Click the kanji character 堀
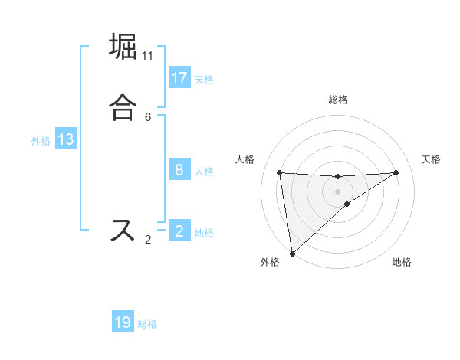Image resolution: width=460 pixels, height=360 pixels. pos(123,47)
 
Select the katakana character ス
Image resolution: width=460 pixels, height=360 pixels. pos(123,231)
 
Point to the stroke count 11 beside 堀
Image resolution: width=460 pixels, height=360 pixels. pos(148,56)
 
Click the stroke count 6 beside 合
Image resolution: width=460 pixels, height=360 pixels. pos(148,116)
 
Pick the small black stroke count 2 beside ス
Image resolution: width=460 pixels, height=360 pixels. pos(148,241)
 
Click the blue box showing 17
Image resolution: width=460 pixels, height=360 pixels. pos(179,78)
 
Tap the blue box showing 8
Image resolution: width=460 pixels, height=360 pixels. pos(179,170)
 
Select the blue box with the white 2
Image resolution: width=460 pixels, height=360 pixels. pos(179,231)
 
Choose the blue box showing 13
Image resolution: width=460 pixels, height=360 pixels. pos(66,139)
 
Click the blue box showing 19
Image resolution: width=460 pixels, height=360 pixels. pos(123,322)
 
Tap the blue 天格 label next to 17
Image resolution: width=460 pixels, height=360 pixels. pos(204,79)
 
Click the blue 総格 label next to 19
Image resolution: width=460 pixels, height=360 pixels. pos(147,324)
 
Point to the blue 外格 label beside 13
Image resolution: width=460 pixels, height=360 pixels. pos(41,140)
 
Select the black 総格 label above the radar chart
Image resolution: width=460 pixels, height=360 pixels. pos(337,100)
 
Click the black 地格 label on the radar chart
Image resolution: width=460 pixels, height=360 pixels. pos(402,262)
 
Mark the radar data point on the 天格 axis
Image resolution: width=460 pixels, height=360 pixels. pos(396,172)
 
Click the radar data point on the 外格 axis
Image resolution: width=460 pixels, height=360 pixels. pos(292,253)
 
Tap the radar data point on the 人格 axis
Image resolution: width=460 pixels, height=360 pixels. pos(280,172)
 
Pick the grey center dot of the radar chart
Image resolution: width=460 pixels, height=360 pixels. pos(337,191)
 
